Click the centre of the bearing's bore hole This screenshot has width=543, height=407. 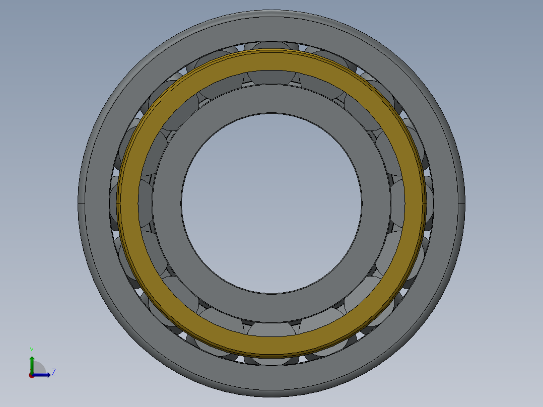click(x=271, y=202)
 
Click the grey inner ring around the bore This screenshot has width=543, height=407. click(x=271, y=99)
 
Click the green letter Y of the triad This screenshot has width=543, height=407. click(x=31, y=350)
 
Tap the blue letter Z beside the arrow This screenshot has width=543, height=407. click(x=54, y=372)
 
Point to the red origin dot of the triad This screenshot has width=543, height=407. click(x=31, y=375)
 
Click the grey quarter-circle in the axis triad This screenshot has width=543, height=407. click(x=39, y=368)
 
